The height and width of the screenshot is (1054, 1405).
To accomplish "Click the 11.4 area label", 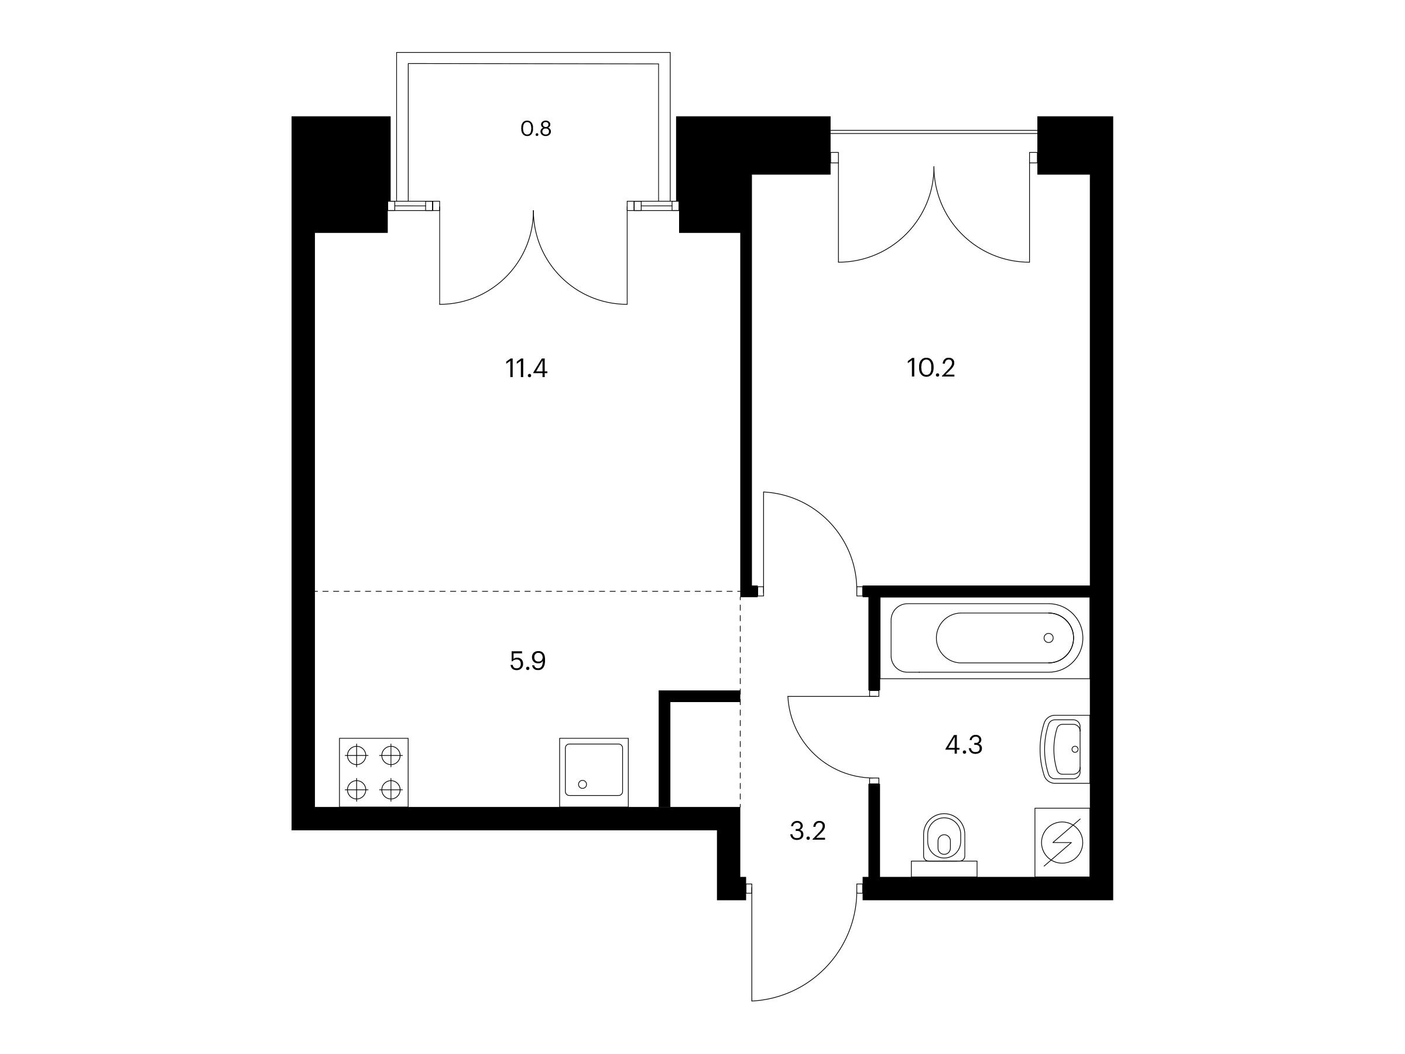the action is (526, 368).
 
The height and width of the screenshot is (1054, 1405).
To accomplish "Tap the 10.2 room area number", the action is (931, 368).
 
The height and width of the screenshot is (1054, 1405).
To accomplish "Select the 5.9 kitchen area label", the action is (527, 661).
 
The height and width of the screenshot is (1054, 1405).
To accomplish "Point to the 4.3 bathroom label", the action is (964, 745).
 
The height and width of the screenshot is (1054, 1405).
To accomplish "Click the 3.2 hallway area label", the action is (807, 831).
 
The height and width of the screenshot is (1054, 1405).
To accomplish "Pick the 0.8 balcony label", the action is (536, 129).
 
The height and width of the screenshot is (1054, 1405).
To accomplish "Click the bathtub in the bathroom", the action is (986, 638).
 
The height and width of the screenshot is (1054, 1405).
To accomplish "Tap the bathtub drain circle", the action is (1048, 638).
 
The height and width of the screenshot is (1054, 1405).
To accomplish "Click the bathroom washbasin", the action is (1064, 749).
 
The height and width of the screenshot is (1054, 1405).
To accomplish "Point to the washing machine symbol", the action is (1062, 843).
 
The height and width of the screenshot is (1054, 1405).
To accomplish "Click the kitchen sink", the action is (594, 772).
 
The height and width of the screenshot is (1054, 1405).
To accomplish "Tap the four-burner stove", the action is (373, 772).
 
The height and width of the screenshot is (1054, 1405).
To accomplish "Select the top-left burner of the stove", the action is (357, 755).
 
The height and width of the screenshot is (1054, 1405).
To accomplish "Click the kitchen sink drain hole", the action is (582, 784).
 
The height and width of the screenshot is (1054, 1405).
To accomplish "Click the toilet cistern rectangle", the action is (944, 868).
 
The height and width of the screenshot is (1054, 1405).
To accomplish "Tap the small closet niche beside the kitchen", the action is (705, 754).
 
